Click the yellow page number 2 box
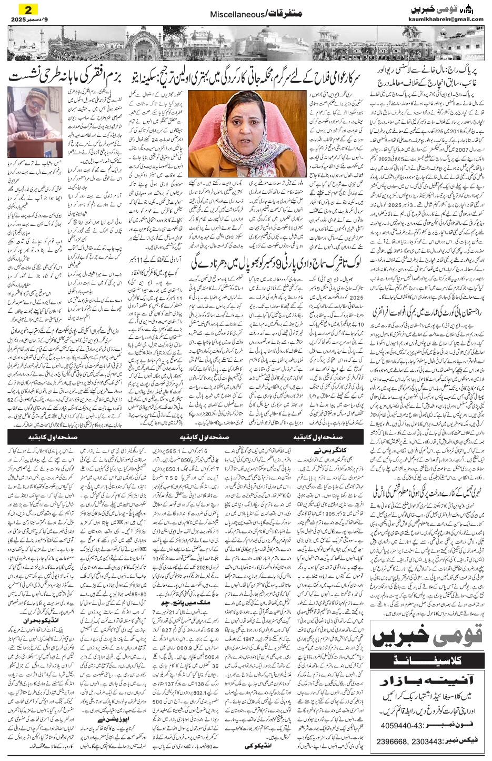27,9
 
